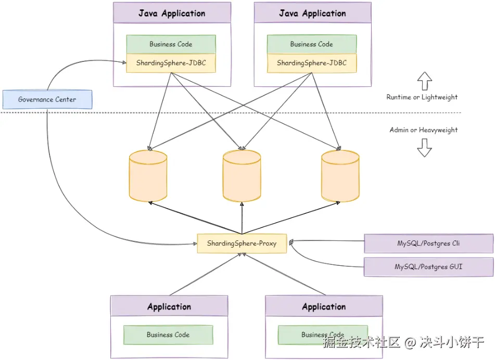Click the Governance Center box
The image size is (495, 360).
(x=47, y=99)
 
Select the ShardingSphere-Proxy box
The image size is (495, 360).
(x=242, y=243)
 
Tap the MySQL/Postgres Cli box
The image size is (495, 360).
(x=428, y=243)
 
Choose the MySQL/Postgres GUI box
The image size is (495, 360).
(x=428, y=267)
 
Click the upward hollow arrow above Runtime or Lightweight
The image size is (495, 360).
(x=425, y=81)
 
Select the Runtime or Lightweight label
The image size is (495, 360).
(x=422, y=97)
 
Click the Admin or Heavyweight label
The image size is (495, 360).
(x=424, y=130)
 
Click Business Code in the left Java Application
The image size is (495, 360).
(x=171, y=44)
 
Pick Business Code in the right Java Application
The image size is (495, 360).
(x=311, y=44)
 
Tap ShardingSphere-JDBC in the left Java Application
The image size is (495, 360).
(x=171, y=63)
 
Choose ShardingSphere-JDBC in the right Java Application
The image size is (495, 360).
(x=311, y=63)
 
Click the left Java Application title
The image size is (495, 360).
(x=172, y=14)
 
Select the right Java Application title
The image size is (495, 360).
(x=312, y=14)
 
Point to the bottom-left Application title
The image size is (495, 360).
(x=169, y=307)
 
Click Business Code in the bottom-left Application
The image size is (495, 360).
(x=168, y=335)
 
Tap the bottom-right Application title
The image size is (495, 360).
(x=324, y=307)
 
